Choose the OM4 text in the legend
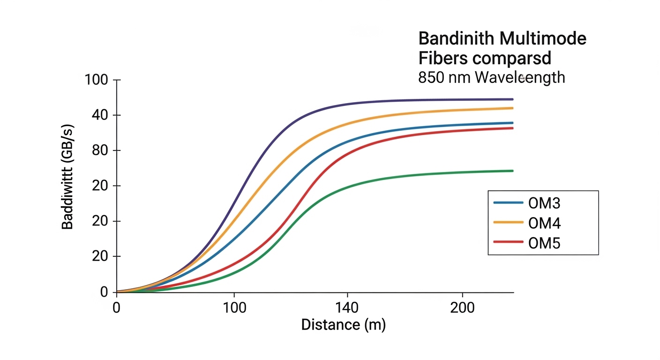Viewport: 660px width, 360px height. [x=544, y=223]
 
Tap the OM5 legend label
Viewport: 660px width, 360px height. [x=544, y=243]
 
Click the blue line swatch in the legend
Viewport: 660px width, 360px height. [x=508, y=202]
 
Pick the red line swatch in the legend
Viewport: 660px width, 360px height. [x=508, y=242]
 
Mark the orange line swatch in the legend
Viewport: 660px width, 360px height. [x=508, y=222]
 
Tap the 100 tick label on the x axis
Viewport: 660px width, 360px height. [x=234, y=308]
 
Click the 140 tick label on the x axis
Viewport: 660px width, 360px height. [x=347, y=308]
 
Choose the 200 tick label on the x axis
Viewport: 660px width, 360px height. [x=463, y=308]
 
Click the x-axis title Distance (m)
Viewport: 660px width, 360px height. [x=343, y=324]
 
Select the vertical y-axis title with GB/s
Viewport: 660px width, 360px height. [x=68, y=186]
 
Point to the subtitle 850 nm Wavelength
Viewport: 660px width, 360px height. [x=491, y=77]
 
